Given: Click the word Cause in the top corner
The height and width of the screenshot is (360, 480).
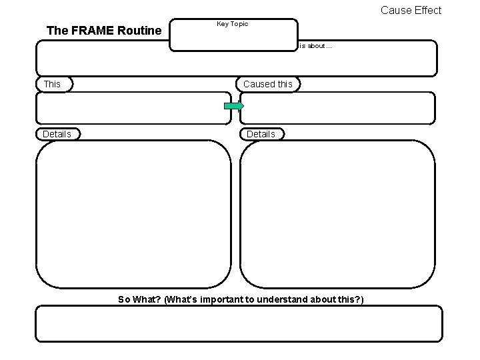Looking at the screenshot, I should coord(395,10).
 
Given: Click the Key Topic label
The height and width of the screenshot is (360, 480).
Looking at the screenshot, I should coord(232,24).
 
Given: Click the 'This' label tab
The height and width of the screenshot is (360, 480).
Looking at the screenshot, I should coord(52,84).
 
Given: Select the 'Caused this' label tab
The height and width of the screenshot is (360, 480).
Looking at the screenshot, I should coord(267,84).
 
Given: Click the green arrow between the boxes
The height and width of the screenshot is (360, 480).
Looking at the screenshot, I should coord(234,106).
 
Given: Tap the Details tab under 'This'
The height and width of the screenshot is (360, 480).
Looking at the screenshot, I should coord(57,134).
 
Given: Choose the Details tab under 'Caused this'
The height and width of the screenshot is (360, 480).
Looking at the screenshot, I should coord(261,134).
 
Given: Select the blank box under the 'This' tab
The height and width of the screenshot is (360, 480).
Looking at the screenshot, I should coord(133,108).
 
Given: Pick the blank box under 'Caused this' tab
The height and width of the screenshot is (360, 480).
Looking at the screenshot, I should coord(337,108).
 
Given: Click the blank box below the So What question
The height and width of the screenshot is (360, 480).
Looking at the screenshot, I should coord(239,323).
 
